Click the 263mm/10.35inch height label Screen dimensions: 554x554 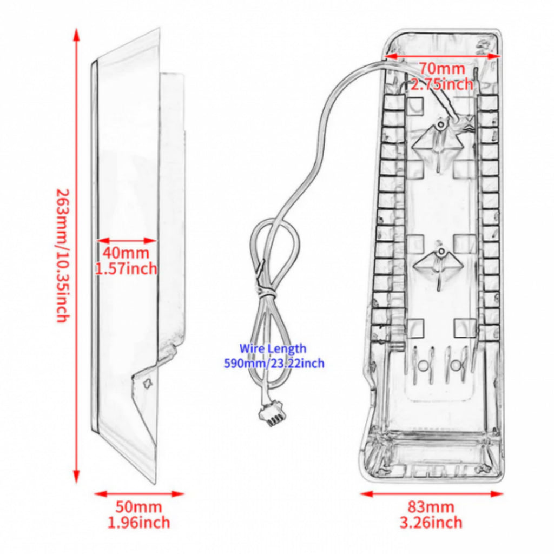[63, 255]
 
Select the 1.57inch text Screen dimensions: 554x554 [126, 269]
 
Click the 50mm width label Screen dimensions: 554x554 [138, 506]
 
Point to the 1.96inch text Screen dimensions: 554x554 [138, 522]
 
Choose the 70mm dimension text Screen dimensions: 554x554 [442, 68]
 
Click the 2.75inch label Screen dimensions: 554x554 [442, 84]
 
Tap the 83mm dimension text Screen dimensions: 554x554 [431, 506]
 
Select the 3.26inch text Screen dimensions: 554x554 [431, 522]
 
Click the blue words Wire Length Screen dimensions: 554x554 [273, 348]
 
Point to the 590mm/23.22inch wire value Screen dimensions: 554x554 [274, 363]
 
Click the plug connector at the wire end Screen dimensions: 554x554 [271, 417]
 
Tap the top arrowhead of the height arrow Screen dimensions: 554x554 [76, 34]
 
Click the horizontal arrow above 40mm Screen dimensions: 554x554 [127, 241]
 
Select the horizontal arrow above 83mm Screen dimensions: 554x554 [431, 493]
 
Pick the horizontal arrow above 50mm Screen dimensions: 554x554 [139, 493]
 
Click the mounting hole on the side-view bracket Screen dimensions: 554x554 [147, 383]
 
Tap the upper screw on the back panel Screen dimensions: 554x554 [440, 124]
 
